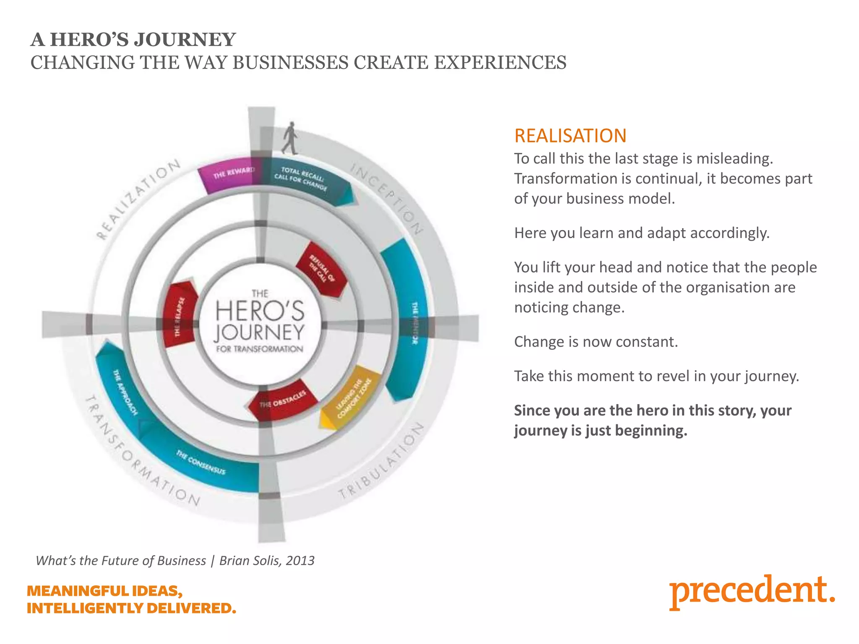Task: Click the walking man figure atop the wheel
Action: [290, 138]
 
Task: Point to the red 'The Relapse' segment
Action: [180, 314]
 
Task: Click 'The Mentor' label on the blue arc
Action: [414, 323]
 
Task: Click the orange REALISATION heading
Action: [570, 136]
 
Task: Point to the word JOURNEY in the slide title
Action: [185, 40]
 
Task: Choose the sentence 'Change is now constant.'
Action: [596, 342]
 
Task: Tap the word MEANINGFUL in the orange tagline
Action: [78, 591]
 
